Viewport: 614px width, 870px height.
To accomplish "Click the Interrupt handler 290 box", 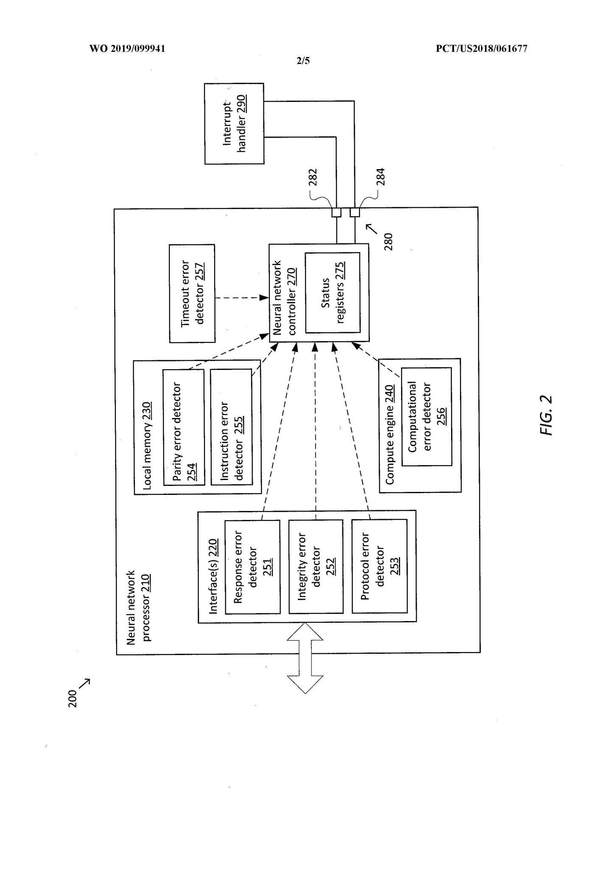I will click(234, 124).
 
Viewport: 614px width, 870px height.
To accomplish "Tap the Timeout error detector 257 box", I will click(192, 293).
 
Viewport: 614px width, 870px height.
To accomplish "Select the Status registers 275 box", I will click(332, 293).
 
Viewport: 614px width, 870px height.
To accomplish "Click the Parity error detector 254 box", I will click(183, 427).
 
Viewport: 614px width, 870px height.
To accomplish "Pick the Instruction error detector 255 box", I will click(231, 427).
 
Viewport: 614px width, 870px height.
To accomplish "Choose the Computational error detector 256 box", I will click(426, 416).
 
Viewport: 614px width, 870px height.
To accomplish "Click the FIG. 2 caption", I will click(547, 415).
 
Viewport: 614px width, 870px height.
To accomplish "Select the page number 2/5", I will click(303, 61).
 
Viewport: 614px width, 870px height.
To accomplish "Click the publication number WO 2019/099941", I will click(127, 48).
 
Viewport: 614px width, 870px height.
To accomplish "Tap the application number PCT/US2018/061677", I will click(482, 48).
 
